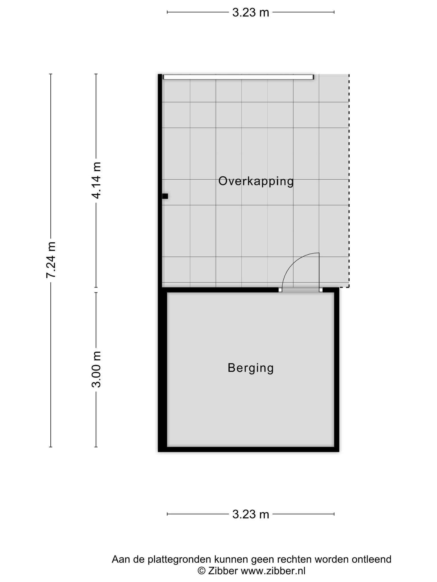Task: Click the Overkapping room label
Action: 256,181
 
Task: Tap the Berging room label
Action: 251,368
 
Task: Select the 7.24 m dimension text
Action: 51,260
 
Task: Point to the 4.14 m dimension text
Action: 96,180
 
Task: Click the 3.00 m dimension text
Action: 96,369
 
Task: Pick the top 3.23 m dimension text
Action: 251,13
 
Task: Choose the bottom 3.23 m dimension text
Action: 251,514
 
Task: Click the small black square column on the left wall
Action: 165,196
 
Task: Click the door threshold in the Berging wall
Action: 301,290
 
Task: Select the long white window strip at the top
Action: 238,77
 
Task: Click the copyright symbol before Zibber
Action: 201,571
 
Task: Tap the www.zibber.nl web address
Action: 273,571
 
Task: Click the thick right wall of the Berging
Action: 337,369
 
